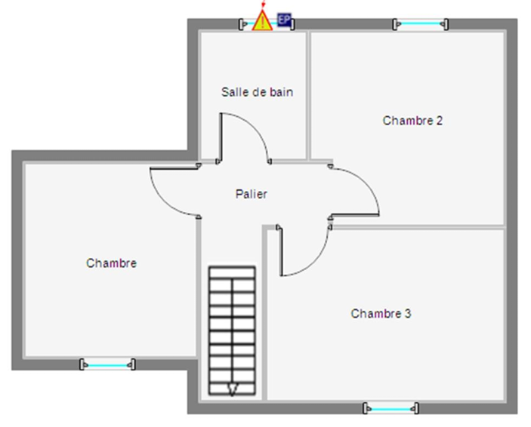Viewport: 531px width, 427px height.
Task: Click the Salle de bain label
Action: [257, 92]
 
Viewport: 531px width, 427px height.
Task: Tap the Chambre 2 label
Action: [412, 120]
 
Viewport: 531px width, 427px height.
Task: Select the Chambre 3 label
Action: [381, 313]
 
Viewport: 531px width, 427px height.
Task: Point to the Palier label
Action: [252, 194]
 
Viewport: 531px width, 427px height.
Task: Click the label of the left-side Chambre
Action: [111, 263]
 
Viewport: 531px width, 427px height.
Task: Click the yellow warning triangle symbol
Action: [262, 21]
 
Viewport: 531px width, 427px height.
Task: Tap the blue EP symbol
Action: [284, 20]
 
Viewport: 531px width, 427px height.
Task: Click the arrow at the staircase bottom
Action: [232, 389]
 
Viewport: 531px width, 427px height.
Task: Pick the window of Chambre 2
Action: [420, 25]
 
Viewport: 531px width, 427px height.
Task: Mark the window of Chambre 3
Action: [391, 409]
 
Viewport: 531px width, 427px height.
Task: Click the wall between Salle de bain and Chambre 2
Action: [308, 94]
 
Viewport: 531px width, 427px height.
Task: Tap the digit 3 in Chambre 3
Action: [408, 313]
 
